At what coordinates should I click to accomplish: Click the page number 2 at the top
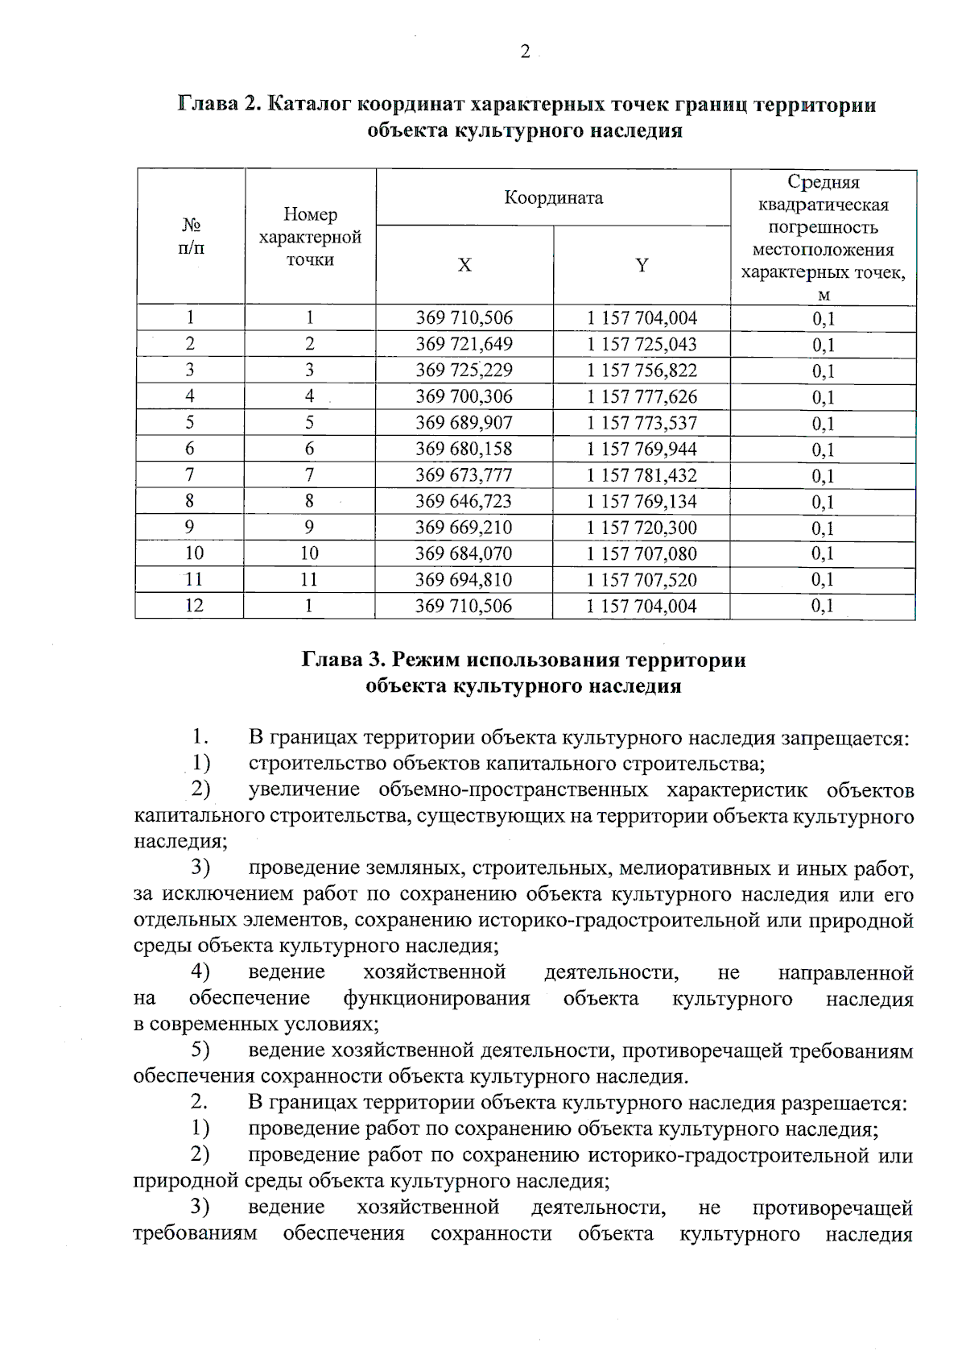point(525,52)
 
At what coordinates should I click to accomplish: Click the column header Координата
point(553,197)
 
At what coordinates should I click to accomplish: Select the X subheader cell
point(464,265)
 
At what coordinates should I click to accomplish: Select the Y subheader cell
point(642,265)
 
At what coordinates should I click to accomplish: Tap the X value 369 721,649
point(464,344)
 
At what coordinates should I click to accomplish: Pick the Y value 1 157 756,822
point(642,371)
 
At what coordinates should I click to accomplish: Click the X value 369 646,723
point(464,501)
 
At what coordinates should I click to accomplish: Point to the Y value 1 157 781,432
point(642,475)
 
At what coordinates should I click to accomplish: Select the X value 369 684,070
point(464,553)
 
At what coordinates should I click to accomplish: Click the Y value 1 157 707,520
point(642,580)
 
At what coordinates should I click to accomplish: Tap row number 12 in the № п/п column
point(194,606)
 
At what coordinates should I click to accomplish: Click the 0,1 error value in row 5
point(823,424)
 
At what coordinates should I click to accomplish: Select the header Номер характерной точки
point(310,237)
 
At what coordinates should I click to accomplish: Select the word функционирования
point(436,999)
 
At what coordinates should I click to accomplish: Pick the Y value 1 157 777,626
point(642,397)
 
